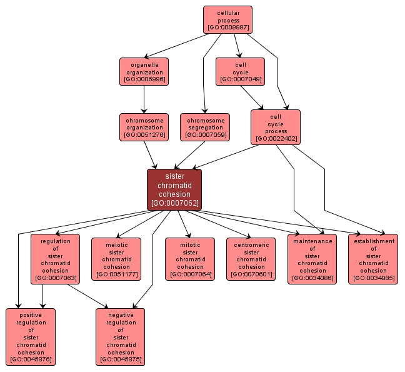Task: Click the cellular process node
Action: pyautogui.click(x=227, y=19)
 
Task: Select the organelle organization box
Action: pyautogui.click(x=144, y=71)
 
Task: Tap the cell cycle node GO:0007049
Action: pyautogui.click(x=240, y=71)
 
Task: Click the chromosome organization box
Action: pyautogui.click(x=144, y=127)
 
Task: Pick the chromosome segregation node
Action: pyautogui.click(x=205, y=127)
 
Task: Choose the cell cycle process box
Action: pyautogui.click(x=276, y=127)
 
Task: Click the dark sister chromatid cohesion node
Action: pyautogui.click(x=174, y=189)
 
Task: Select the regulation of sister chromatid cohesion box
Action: pyautogui.click(x=55, y=259)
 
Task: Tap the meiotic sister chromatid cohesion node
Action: pyautogui.click(x=116, y=259)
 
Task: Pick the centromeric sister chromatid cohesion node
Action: pyautogui.click(x=251, y=259)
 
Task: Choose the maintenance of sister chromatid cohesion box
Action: pyautogui.click(x=312, y=259)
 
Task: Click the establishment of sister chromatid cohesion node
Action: pyautogui.click(x=373, y=259)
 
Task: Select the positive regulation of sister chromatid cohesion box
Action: pyautogui.click(x=31, y=336)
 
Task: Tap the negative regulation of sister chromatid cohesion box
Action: pyautogui.click(x=121, y=336)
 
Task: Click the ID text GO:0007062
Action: pyautogui.click(x=174, y=203)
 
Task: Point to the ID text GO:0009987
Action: pyautogui.click(x=227, y=28)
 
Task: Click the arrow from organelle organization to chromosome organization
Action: pyautogui.click(x=144, y=99)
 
